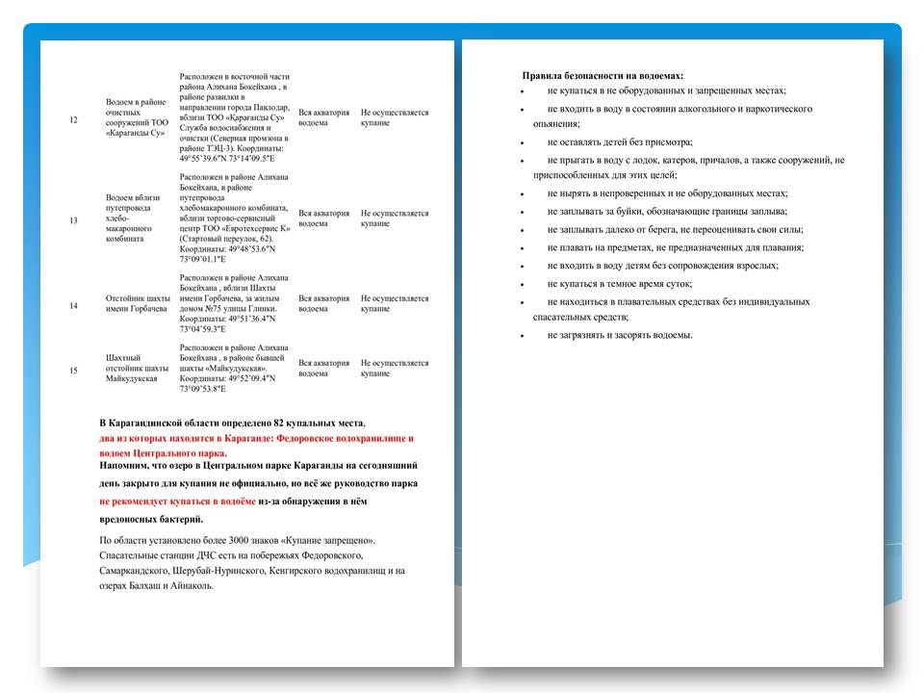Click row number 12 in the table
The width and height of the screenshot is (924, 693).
[x=75, y=118]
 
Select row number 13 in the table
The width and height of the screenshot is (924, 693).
[x=75, y=219]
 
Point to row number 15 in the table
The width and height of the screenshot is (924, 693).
[x=75, y=370]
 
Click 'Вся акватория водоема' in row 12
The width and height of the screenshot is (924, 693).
[x=324, y=118]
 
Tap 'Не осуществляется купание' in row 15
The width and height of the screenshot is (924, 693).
[x=395, y=370]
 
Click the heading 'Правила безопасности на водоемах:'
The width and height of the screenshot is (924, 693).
[x=603, y=75]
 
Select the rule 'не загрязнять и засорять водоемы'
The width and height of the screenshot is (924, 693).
[x=620, y=335]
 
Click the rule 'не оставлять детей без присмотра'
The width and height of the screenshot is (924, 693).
[x=620, y=141]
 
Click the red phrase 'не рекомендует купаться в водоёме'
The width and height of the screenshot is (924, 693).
[x=178, y=501]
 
